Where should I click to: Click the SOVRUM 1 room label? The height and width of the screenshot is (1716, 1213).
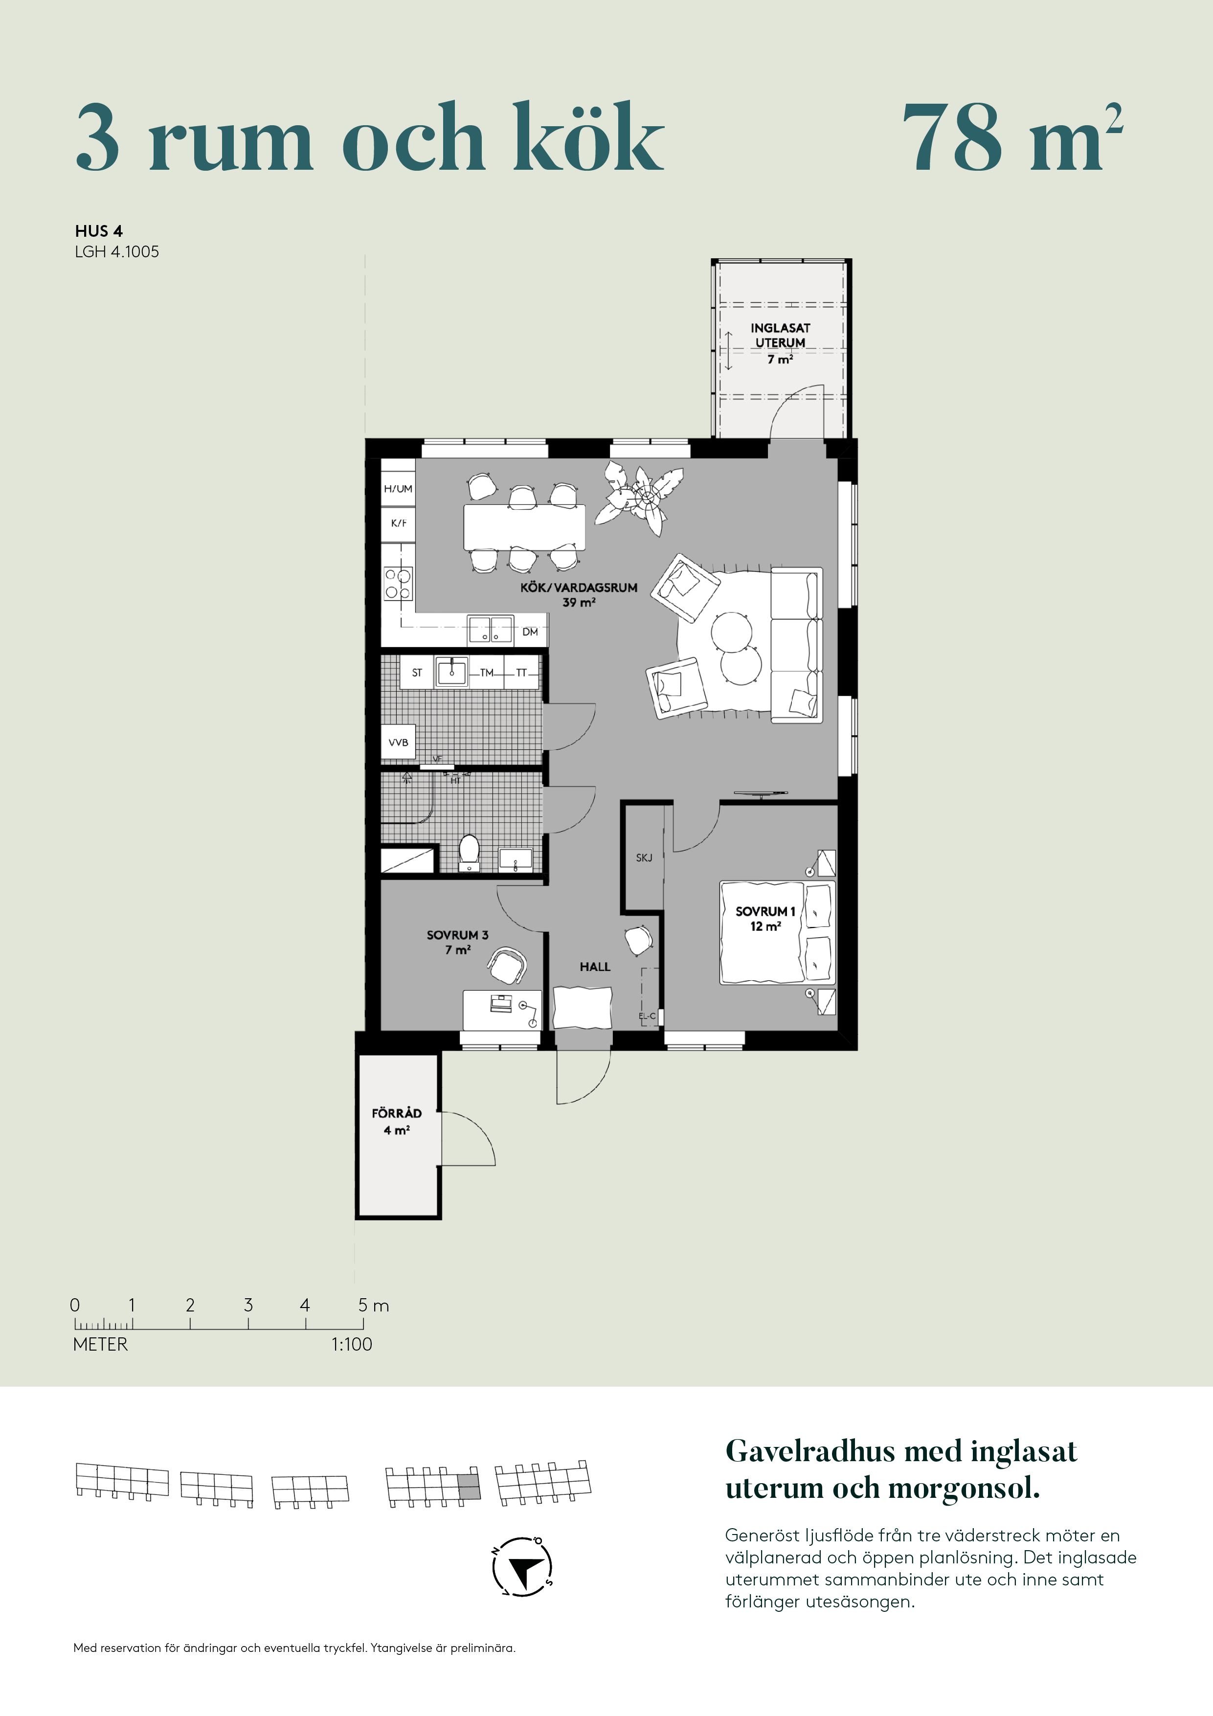coord(765,919)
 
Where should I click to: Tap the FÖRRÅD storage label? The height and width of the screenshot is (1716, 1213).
coord(397,1121)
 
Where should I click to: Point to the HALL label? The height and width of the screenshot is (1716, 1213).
coord(595,967)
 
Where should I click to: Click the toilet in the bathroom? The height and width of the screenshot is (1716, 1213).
coord(470,853)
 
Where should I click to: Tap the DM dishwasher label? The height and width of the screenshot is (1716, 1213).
coord(530,632)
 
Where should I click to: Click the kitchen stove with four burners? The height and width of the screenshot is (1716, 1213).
coord(398,584)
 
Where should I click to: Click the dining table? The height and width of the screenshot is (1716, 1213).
coord(524,527)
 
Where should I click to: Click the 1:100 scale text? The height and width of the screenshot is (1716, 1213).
coord(351,1344)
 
